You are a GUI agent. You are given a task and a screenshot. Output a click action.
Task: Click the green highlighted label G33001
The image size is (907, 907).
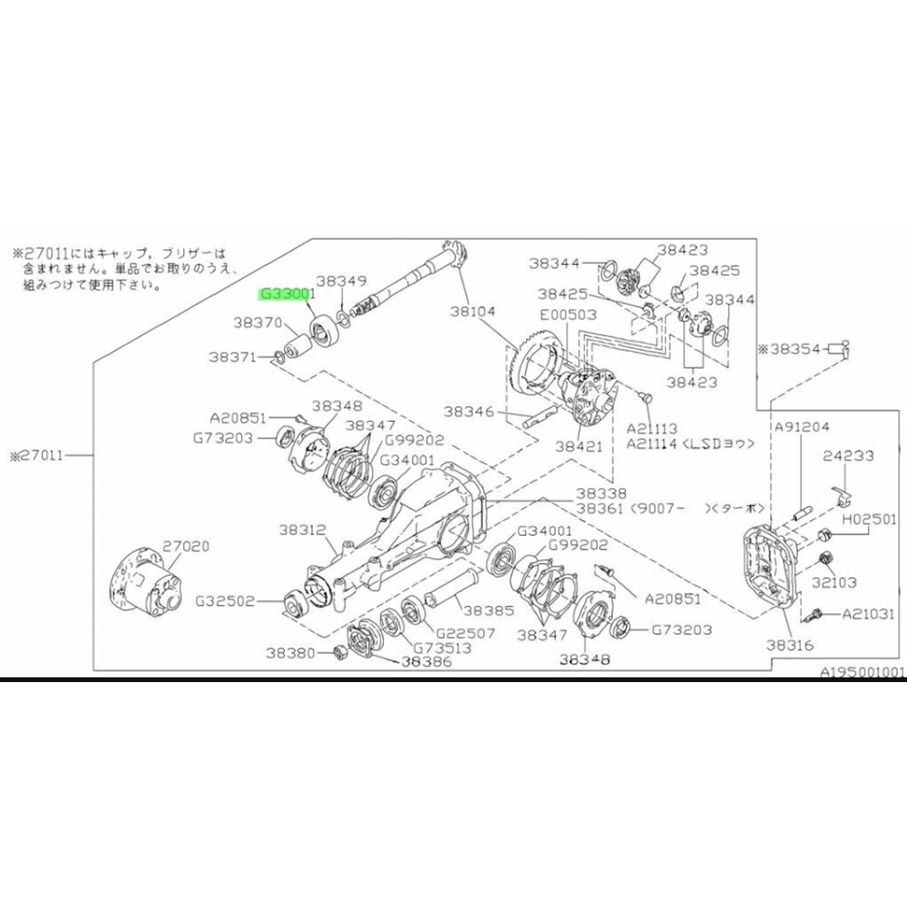286,294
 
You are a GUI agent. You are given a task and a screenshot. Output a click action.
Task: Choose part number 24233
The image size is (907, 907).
848,458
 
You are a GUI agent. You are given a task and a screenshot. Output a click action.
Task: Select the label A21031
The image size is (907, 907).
869,614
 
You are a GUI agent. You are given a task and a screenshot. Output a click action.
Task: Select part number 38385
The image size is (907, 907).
491,611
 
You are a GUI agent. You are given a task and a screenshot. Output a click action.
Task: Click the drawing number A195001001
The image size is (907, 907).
863,673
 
